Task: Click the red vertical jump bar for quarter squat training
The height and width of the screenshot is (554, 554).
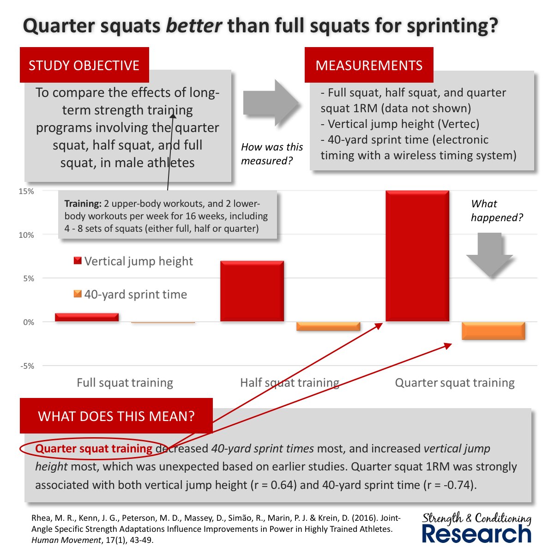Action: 417,256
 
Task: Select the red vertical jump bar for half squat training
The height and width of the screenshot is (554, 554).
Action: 252,291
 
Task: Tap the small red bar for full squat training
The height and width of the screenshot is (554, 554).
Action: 87,317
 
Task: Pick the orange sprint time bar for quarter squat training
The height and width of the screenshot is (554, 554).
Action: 494,331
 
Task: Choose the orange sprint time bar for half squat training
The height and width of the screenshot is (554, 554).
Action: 328,326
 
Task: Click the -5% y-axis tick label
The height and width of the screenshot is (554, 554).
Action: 27,366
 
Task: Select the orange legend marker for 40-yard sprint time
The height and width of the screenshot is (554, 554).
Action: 78,294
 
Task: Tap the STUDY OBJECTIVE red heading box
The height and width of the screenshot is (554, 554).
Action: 84,65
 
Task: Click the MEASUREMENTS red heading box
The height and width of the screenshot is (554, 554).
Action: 368,65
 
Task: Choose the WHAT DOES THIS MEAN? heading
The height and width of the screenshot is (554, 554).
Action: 116,416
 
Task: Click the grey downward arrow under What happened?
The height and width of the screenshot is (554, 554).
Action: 489,254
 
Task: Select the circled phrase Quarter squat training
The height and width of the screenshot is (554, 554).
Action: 94,448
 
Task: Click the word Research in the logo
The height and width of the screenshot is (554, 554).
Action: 476,534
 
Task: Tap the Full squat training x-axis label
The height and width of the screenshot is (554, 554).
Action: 125,383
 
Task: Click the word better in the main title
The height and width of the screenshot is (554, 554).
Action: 194,26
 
